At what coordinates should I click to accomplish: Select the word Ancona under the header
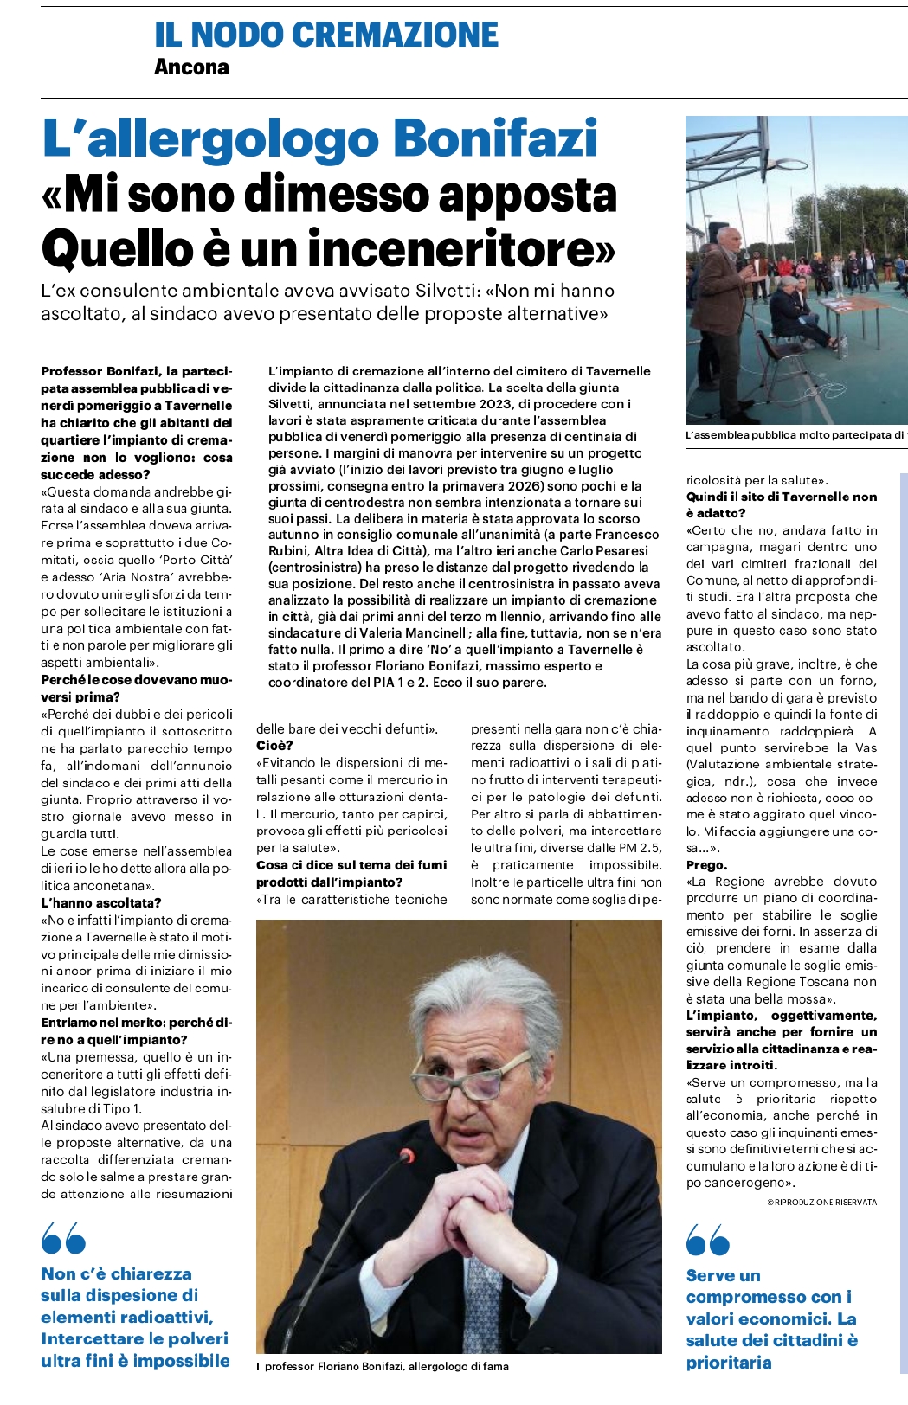click(x=191, y=67)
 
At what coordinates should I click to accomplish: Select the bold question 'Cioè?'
click(x=274, y=746)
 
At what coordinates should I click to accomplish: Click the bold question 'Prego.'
click(x=706, y=865)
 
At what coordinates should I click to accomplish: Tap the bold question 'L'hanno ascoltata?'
click(x=101, y=902)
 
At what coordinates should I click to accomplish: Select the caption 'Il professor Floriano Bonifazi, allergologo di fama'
click(x=383, y=1366)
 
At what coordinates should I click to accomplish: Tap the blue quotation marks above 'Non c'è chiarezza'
click(x=63, y=1239)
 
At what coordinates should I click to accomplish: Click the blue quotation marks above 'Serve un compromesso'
click(x=707, y=1239)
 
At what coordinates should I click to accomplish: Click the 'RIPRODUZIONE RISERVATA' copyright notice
click(x=821, y=1202)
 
